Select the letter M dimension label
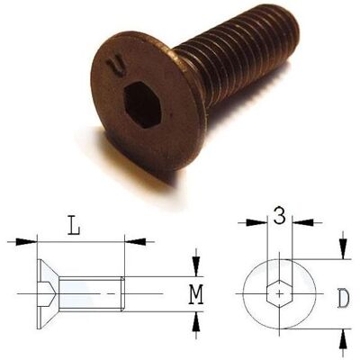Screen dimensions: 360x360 (197, 294)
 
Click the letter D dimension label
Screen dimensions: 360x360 (344, 299)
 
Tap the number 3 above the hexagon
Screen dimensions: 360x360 (280, 215)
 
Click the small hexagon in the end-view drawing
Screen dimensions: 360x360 (279, 293)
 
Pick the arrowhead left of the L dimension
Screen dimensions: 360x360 (26, 241)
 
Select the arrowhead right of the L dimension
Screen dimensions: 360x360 (135, 241)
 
